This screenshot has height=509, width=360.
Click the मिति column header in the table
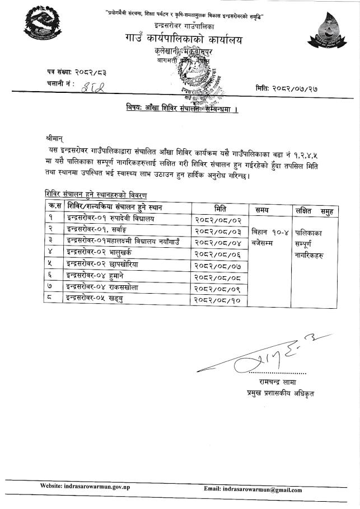[220, 209]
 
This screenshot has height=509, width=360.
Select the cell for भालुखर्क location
[109, 253]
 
